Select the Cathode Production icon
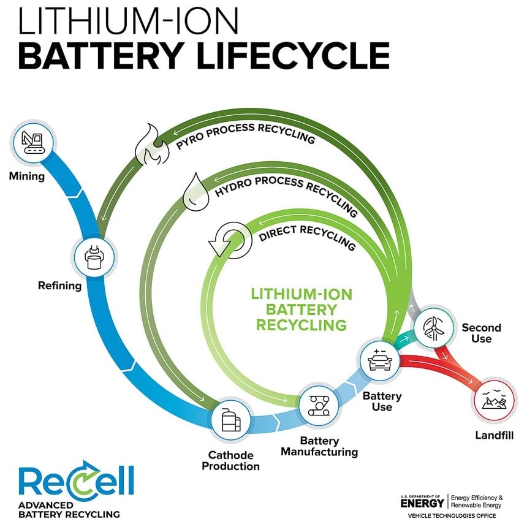click(x=230, y=420)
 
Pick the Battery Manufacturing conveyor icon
click(x=318, y=404)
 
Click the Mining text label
click(x=27, y=177)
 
